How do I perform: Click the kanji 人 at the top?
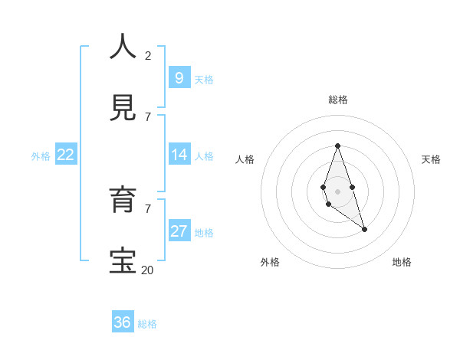(x=123, y=47)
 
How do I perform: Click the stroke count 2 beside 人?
(x=148, y=55)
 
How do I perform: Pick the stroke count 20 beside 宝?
(x=147, y=270)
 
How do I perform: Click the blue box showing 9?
(x=179, y=77)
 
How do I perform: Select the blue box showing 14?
(x=179, y=155)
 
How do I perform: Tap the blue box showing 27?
(x=179, y=231)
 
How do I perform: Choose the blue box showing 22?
(x=66, y=155)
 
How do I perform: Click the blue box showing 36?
(x=123, y=322)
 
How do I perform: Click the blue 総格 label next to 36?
(x=147, y=324)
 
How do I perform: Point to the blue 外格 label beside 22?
(x=41, y=156)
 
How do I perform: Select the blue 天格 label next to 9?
(x=203, y=80)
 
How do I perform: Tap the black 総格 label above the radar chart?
(x=337, y=100)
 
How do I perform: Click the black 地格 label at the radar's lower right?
(x=402, y=262)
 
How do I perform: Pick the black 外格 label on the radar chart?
(x=270, y=262)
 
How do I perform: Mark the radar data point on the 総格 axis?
(x=337, y=146)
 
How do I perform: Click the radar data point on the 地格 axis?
(x=364, y=229)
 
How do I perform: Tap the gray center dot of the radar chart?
(x=337, y=190)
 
